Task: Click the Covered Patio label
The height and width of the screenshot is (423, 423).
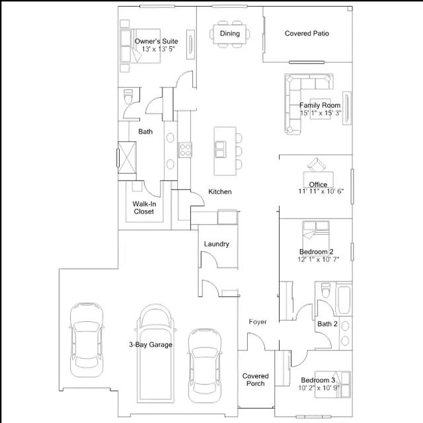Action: (307, 34)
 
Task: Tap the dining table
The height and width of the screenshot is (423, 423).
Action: (229, 34)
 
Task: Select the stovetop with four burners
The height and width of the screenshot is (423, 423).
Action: (185, 150)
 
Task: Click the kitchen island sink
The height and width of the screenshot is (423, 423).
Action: (220, 149)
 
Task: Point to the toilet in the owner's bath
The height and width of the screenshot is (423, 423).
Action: (128, 96)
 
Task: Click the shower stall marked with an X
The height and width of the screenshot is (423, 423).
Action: (127, 158)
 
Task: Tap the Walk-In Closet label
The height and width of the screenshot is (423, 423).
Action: (144, 208)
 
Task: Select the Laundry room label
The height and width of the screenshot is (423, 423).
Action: (216, 244)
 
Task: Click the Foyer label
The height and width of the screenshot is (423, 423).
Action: (258, 322)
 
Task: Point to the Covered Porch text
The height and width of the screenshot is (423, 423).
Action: (255, 379)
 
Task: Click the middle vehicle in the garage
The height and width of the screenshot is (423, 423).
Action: (155, 354)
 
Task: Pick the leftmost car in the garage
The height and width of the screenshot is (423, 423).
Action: (87, 340)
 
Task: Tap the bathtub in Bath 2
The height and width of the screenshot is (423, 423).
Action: (344, 299)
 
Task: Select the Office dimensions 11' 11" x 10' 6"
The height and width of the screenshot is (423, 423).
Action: (321, 191)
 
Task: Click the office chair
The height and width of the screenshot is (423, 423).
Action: (317, 165)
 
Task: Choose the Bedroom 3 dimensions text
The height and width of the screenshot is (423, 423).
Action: (319, 388)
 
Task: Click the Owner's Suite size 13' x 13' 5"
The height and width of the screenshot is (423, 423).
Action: (159, 49)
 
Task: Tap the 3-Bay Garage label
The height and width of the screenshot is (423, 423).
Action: (151, 344)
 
